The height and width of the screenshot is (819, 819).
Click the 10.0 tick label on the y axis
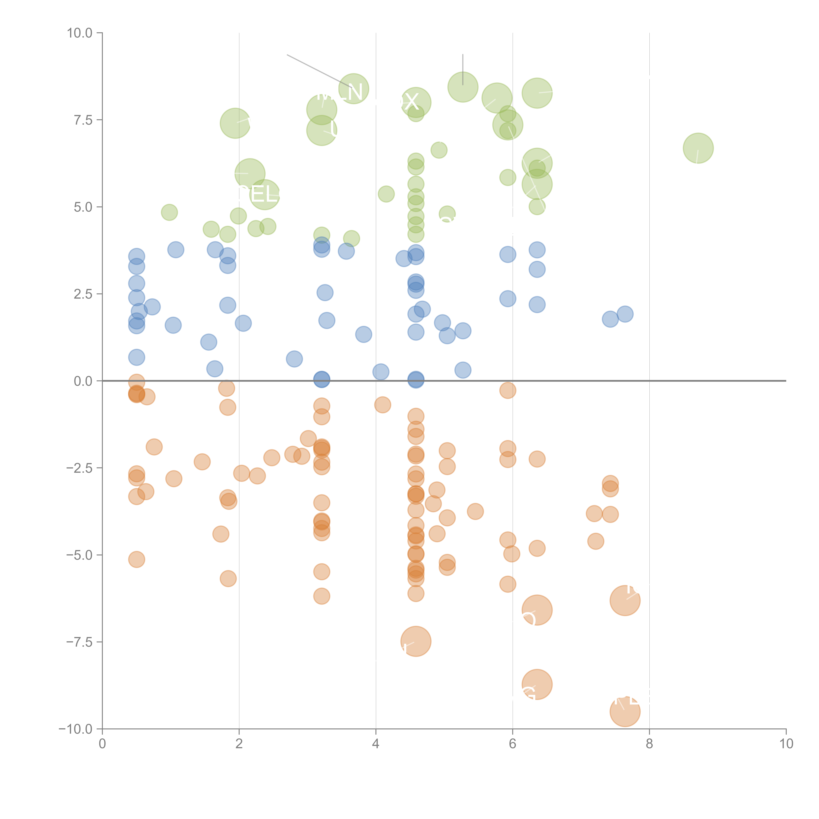pos(80,33)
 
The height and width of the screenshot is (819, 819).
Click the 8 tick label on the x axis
pos(649,744)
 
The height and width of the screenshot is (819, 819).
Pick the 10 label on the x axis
pos(786,744)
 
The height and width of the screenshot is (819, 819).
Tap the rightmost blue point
pos(625,314)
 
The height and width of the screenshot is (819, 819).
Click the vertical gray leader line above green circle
pos(463,68)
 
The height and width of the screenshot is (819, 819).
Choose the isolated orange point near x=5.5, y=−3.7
pos(475,511)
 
